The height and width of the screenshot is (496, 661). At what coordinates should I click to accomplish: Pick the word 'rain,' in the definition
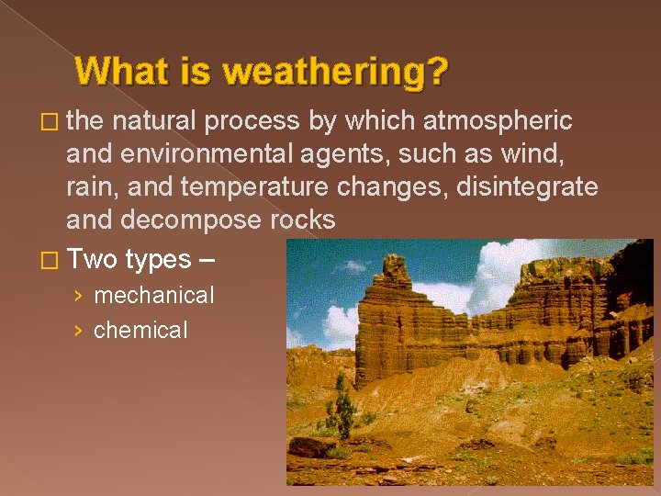93,187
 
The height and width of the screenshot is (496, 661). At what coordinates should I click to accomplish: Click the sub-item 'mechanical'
153,295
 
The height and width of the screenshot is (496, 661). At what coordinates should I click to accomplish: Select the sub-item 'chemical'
140,330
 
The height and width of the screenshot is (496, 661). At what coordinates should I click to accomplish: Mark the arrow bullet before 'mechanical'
79,296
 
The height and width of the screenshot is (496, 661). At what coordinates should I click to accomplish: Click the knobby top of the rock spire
396,266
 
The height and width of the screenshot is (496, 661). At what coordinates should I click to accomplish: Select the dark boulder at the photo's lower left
313,447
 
